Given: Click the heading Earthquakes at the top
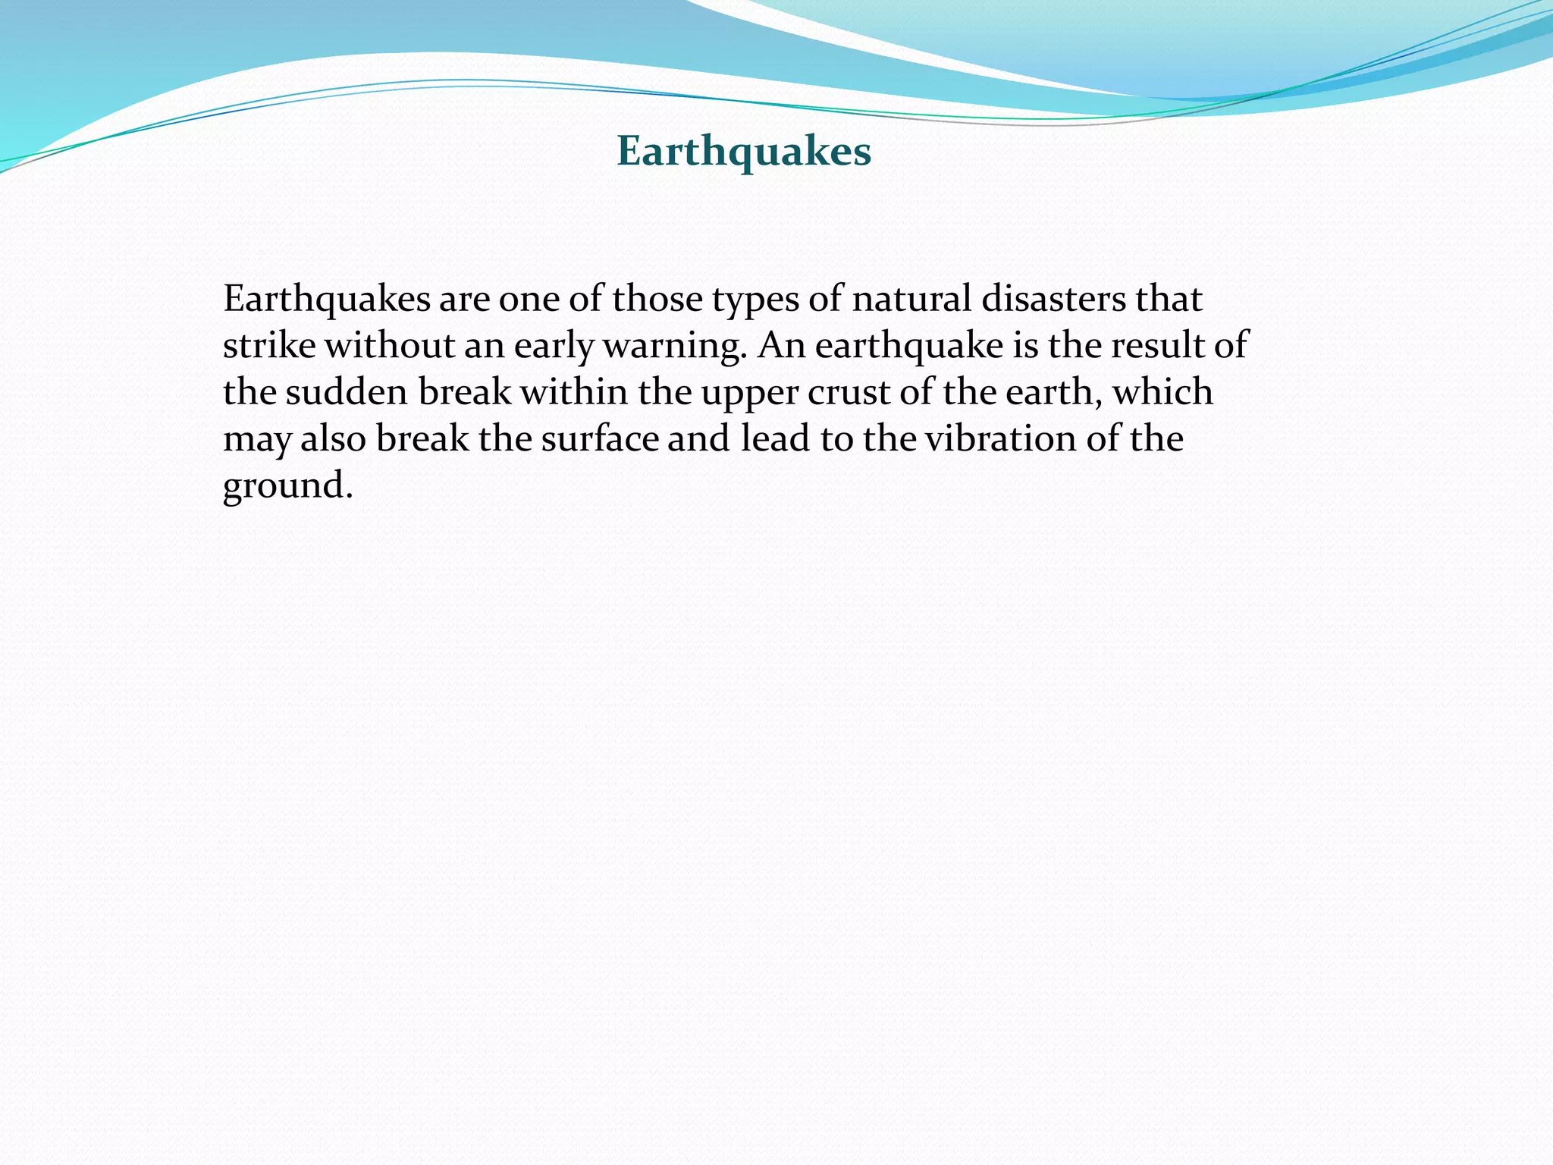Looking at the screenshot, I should tap(744, 151).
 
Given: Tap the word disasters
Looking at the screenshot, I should tap(1053, 299).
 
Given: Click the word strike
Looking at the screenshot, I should tap(269, 346).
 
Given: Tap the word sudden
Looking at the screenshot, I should tap(347, 393).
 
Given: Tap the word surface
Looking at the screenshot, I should tap(600, 439).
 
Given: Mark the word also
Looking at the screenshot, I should tap(334, 439).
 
